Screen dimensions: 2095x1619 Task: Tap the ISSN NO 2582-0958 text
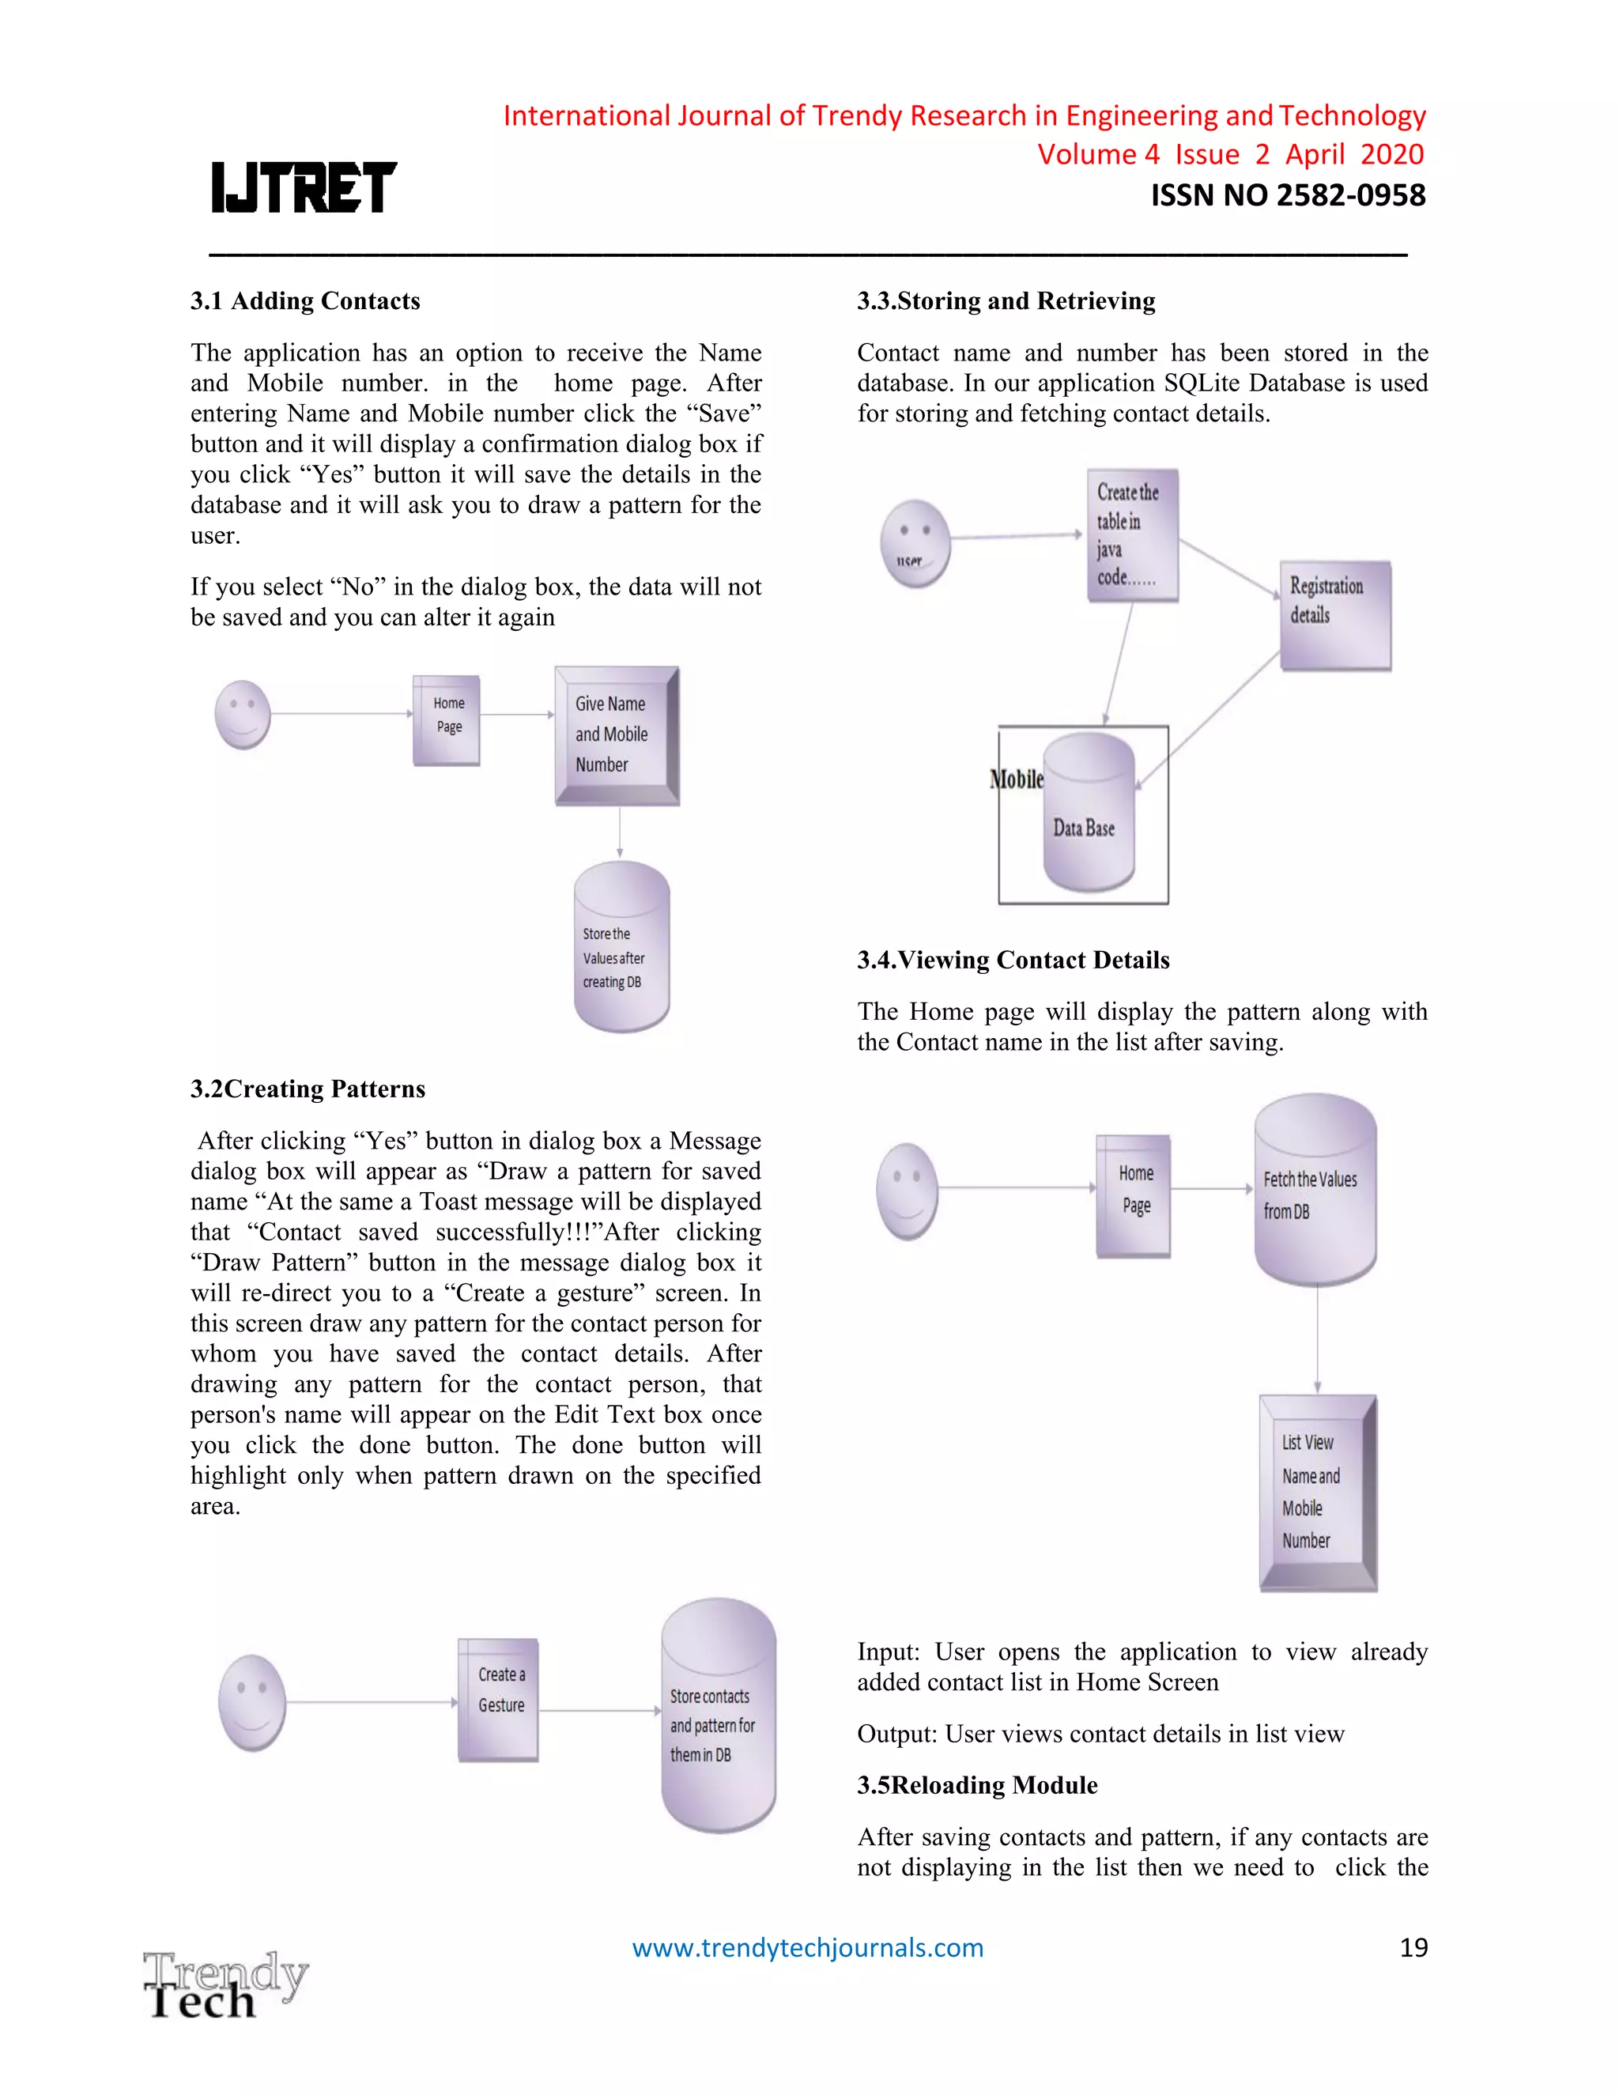point(1287,196)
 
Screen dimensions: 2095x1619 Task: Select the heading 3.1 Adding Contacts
point(305,301)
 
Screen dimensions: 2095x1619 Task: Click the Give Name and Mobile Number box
point(617,734)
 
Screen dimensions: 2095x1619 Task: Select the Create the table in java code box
point(1132,535)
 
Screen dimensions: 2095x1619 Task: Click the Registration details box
point(1335,615)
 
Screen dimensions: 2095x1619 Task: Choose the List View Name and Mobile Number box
point(1318,1493)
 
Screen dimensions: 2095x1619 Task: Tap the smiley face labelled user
point(915,543)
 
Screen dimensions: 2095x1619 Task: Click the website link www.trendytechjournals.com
point(808,1947)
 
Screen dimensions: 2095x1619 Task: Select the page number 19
point(1413,1947)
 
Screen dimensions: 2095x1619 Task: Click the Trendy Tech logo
point(225,1984)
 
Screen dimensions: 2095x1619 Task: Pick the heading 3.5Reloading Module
point(977,1785)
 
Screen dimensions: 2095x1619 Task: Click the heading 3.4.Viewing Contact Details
point(1013,961)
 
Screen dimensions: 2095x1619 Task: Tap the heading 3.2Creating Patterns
point(308,1089)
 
